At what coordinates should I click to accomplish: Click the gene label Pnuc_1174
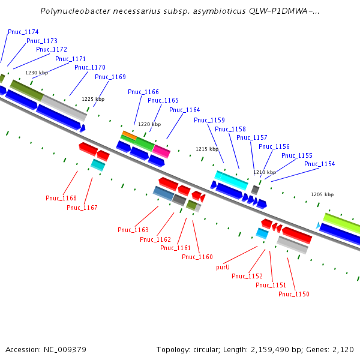click(x=23, y=32)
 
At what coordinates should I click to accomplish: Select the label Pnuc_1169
click(x=110, y=77)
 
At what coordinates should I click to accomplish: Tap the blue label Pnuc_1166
click(x=143, y=92)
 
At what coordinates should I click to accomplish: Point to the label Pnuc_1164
click(x=184, y=110)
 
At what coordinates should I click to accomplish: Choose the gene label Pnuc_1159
click(x=209, y=121)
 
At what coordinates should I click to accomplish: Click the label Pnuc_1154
click(x=319, y=164)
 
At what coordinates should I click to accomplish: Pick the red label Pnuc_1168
click(x=61, y=199)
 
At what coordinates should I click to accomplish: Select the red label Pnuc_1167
click(x=82, y=208)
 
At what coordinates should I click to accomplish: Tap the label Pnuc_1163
click(x=133, y=230)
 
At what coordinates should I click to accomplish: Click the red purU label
click(x=223, y=268)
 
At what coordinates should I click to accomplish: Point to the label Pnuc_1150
click(x=294, y=295)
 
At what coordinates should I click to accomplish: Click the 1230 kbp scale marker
click(x=36, y=73)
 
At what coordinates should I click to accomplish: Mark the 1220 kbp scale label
click(x=149, y=125)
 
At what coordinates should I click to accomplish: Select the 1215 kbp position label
click(x=207, y=149)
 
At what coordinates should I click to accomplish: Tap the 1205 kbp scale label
click(x=322, y=195)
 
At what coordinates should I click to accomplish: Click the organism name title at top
click(x=179, y=11)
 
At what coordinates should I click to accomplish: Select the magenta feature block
click(x=161, y=149)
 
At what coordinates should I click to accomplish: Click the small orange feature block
click(x=129, y=134)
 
